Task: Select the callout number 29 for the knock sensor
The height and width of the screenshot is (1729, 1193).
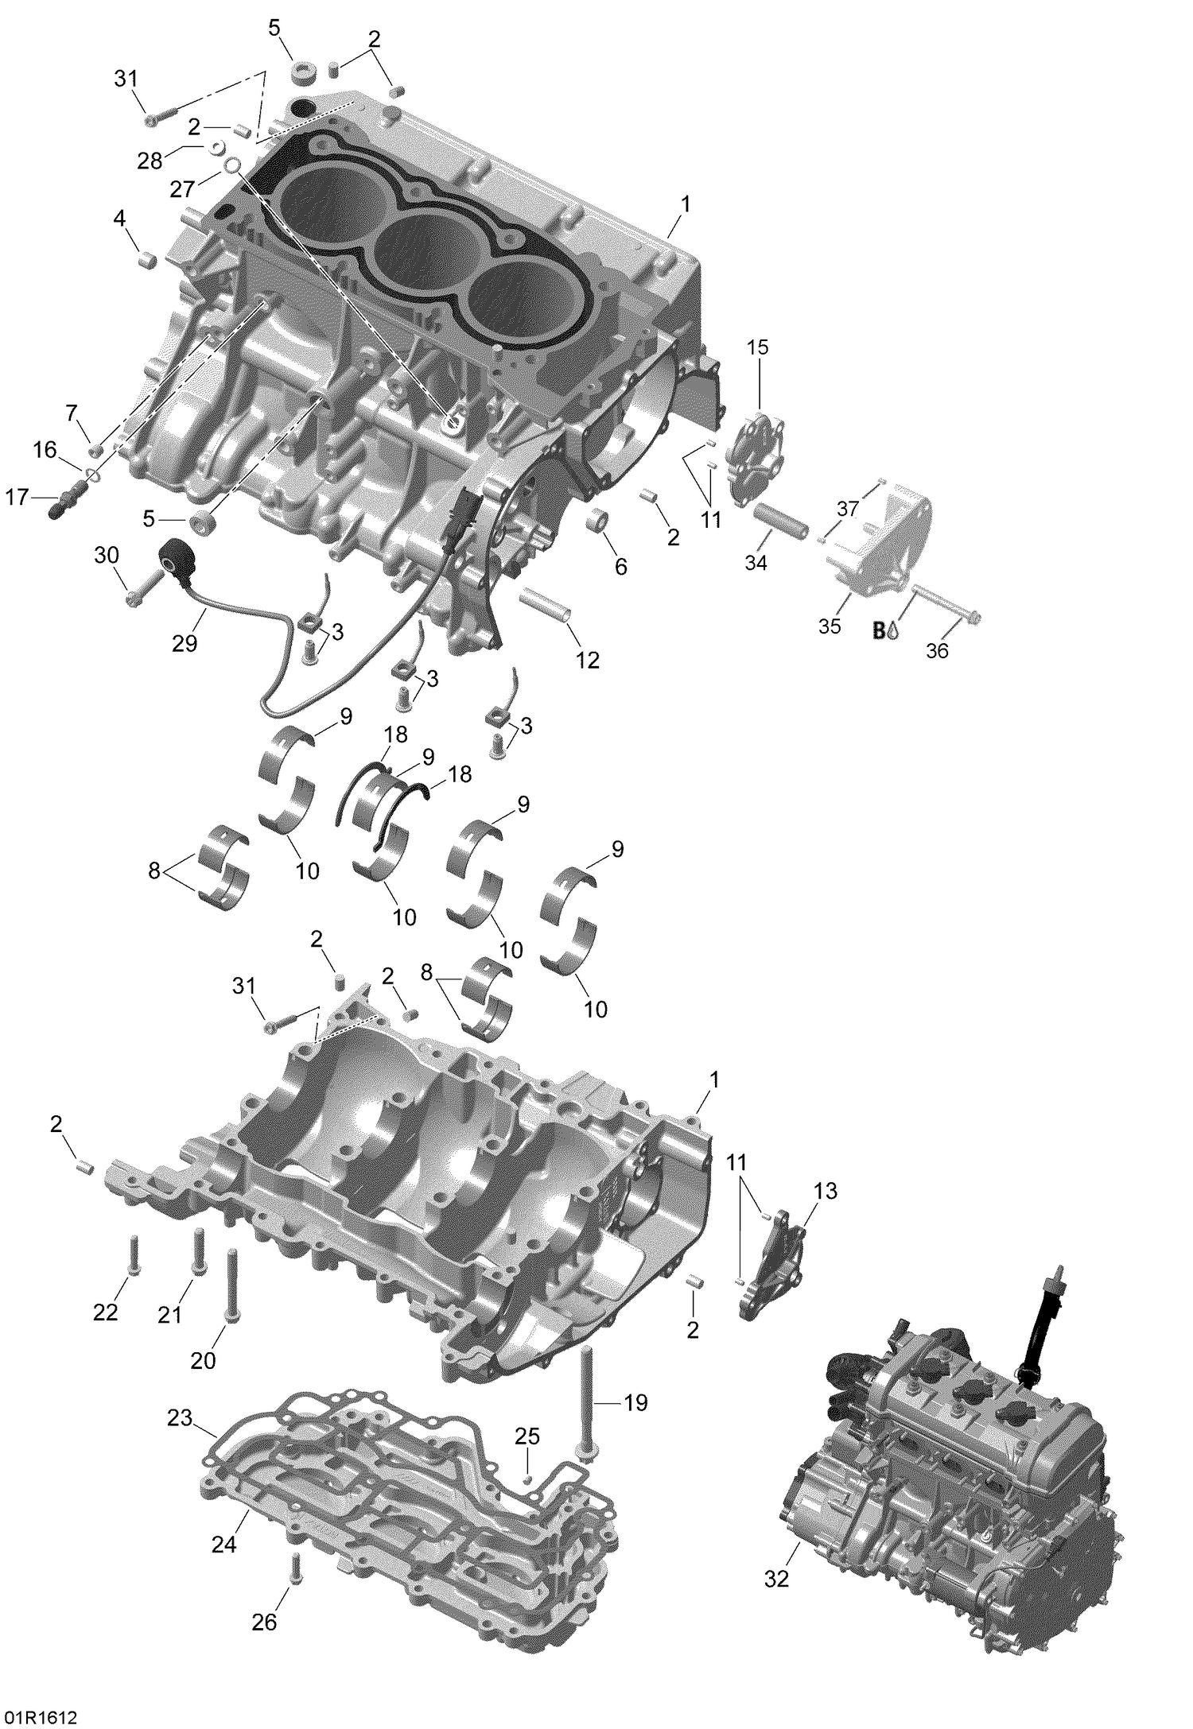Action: (185, 643)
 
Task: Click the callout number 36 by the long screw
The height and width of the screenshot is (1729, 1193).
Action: (938, 650)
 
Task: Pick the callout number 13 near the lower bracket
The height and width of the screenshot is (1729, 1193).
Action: (826, 1213)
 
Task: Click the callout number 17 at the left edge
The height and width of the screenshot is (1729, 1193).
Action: (17, 498)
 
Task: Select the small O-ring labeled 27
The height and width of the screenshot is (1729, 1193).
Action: (231, 165)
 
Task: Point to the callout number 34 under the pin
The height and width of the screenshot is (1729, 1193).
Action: (756, 562)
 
